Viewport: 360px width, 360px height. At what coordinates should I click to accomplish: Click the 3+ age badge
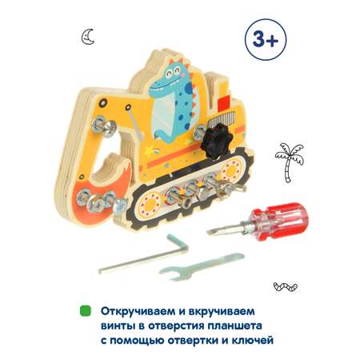[x=266, y=39]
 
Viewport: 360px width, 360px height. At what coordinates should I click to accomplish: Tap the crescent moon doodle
[x=88, y=37]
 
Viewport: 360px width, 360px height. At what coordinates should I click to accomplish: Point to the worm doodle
[x=286, y=286]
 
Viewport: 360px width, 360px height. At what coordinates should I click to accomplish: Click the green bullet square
[x=86, y=311]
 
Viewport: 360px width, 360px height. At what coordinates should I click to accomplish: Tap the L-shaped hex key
[x=144, y=255]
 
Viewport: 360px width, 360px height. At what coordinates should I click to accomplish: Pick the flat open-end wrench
[x=201, y=266]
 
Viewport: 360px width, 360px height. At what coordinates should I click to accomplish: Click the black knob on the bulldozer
[x=217, y=142]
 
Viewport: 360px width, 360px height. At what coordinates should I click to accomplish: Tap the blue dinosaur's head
[x=170, y=78]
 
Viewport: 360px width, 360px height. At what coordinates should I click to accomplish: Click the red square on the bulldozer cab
[x=223, y=104]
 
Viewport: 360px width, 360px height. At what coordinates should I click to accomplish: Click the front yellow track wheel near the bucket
[x=151, y=204]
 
